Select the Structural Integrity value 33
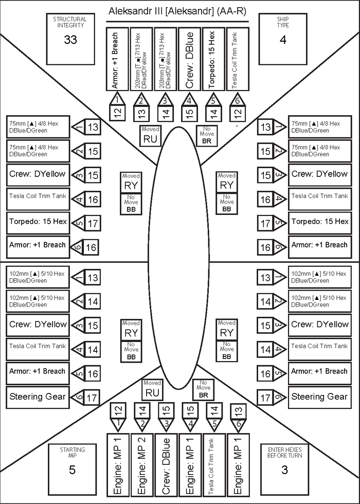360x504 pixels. pyautogui.click(x=70, y=40)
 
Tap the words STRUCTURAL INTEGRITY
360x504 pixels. pyautogui.click(x=70, y=22)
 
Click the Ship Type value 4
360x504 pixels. pyautogui.click(x=283, y=40)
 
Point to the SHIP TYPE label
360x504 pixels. pyautogui.click(x=283, y=22)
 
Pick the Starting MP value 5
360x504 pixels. pyautogui.click(x=73, y=470)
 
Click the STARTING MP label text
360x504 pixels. pyautogui.click(x=73, y=453)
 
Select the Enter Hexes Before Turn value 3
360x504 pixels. pyautogui.click(x=284, y=470)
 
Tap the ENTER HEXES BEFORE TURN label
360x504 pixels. pyautogui.click(x=284, y=453)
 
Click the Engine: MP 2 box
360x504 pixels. pyautogui.click(x=142, y=465)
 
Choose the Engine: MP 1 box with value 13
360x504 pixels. pyautogui.click(x=238, y=465)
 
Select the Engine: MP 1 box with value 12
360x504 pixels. pyautogui.click(x=118, y=465)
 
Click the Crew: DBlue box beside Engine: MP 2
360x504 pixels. pyautogui.click(x=166, y=465)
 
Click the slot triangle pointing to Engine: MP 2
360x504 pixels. pyautogui.click(x=142, y=424)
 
